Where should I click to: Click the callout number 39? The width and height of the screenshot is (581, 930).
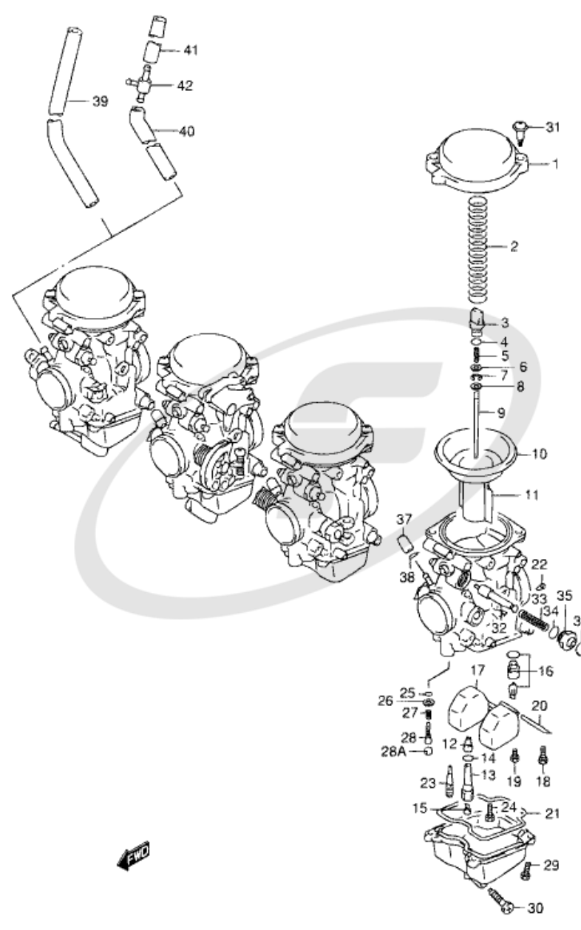[100, 101]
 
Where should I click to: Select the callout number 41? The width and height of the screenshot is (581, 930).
[191, 50]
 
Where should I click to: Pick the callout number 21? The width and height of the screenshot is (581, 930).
[553, 814]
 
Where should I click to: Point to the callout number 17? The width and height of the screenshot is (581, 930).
[476, 671]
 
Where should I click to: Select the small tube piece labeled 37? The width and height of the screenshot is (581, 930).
[404, 546]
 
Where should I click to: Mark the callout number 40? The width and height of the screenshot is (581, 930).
[187, 131]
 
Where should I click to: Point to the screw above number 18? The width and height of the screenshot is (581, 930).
[544, 755]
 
